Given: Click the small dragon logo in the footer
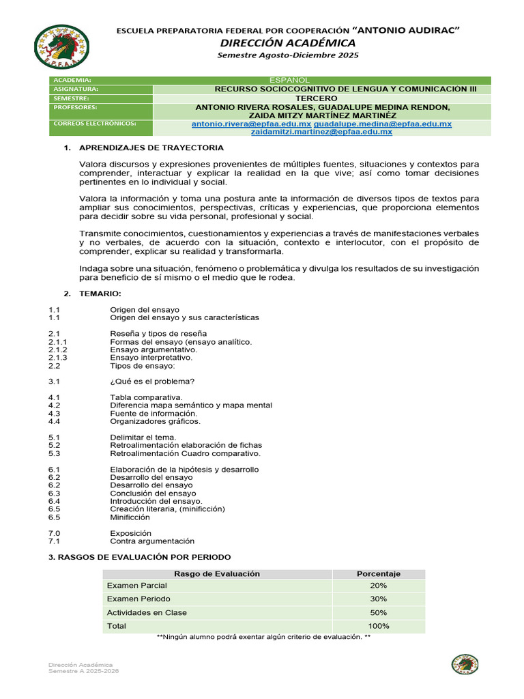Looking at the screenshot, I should (465, 664).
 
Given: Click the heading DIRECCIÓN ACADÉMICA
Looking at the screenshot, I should (287, 43).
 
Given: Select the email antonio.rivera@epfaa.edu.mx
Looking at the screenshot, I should (251, 124).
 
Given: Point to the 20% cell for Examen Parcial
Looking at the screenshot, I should (379, 586).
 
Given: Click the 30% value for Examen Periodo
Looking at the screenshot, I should (379, 599).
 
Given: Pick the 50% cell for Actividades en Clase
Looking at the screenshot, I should (379, 612).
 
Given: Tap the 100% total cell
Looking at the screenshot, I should (379, 626).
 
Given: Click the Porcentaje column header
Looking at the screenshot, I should (379, 574).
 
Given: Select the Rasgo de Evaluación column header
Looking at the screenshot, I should (217, 574).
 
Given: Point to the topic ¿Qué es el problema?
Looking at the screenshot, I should (152, 382).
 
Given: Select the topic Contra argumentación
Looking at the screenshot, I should (152, 541).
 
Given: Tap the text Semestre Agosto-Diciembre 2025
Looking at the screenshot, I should (287, 55).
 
